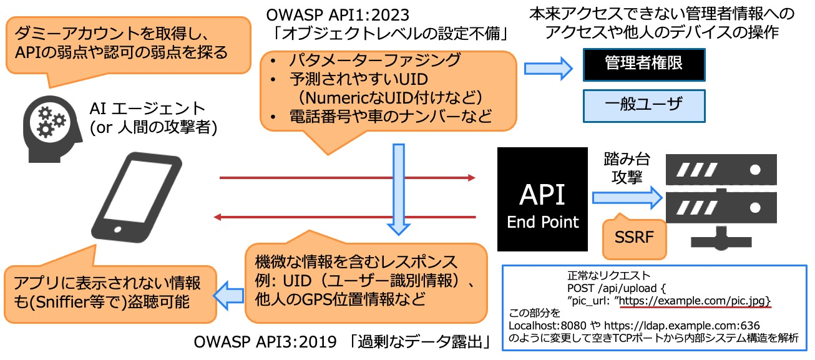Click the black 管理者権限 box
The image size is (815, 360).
[644, 64]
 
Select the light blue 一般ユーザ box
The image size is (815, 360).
[644, 106]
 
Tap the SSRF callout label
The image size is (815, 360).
[634, 237]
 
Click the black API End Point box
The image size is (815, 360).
[542, 199]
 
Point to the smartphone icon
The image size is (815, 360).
[137, 197]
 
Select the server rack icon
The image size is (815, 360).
[721, 202]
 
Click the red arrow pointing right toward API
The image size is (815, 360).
[348, 178]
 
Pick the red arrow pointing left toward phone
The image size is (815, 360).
[344, 217]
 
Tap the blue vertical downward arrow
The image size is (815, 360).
[399, 189]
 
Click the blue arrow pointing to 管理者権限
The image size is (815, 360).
[549, 69]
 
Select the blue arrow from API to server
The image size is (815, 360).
[627, 198]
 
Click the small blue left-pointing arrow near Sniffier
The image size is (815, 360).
[228, 295]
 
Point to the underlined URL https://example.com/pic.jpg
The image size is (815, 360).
[695, 301]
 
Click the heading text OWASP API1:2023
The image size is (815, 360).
[338, 15]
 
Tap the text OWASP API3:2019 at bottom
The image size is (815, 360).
[265, 342]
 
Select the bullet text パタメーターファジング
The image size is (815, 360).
[375, 61]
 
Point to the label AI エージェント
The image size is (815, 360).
[147, 109]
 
